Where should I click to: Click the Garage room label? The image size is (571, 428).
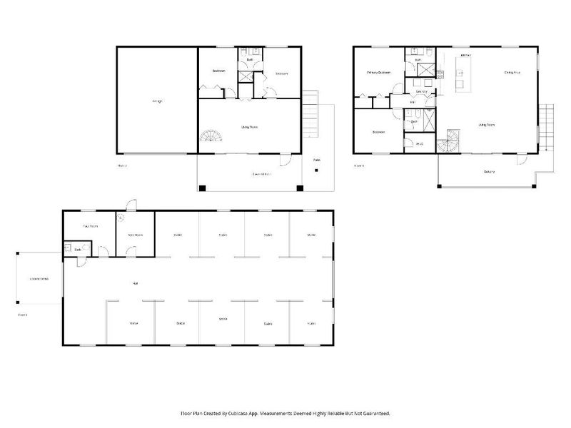[157, 101]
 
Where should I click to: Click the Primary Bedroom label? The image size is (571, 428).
[379, 73]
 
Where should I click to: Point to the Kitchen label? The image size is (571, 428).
[465, 55]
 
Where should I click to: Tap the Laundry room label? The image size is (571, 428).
[421, 91]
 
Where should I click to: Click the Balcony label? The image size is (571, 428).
[489, 172]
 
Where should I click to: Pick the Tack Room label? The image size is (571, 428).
[91, 225]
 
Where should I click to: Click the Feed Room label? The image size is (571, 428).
[134, 235]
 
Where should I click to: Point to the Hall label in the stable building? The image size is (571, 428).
[135, 283]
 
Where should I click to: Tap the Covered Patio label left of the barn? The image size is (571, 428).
[39, 278]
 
